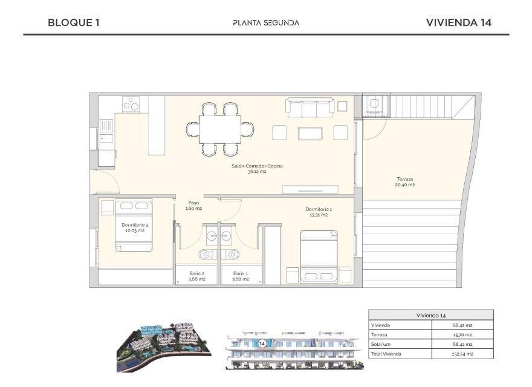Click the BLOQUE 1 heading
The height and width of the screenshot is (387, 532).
click(x=73, y=23)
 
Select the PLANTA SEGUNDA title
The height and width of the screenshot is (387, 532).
click(x=266, y=23)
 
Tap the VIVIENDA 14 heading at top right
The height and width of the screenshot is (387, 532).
click(x=458, y=23)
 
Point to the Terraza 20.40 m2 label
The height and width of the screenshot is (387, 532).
click(x=405, y=181)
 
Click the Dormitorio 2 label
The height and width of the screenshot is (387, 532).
click(x=134, y=227)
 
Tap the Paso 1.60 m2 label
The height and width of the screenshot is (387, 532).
click(x=193, y=206)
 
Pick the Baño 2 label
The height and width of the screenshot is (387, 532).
click(x=196, y=276)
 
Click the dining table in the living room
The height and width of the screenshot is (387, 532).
click(x=220, y=129)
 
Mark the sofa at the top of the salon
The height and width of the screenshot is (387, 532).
click(x=309, y=108)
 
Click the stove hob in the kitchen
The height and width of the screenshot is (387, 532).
click(x=132, y=105)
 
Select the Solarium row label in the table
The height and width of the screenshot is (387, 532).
click(x=382, y=344)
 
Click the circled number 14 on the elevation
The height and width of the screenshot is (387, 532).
click(x=262, y=343)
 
